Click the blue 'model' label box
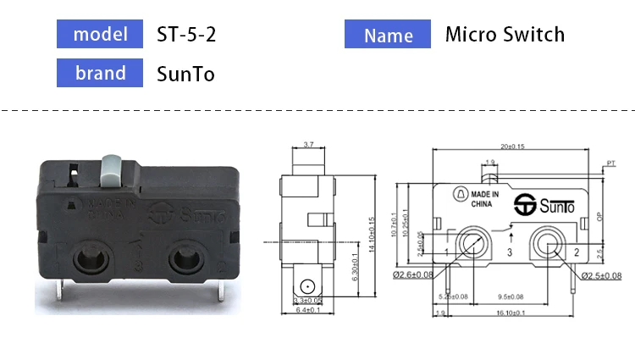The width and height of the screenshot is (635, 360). pos(100,34)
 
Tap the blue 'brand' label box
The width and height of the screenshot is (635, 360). pos(100,73)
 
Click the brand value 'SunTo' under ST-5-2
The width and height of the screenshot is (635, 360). pos(185,74)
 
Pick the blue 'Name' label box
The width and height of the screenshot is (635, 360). pos(389,35)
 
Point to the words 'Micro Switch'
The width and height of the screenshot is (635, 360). pos(505,35)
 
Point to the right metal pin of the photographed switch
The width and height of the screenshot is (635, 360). pos(221,291)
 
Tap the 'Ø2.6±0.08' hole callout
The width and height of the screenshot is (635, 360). pos(412,274)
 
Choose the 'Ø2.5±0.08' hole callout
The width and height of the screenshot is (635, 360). pos(601,275)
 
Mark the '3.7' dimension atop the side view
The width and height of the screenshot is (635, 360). pos(309,145)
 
